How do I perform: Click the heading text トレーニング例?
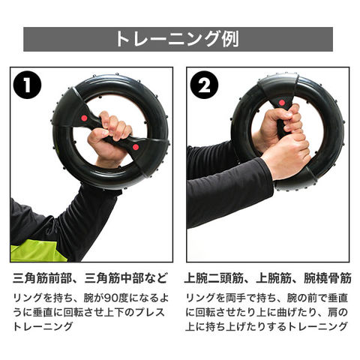pos(178,39)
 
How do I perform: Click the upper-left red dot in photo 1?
pos(84,118)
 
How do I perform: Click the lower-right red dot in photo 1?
pos(136,147)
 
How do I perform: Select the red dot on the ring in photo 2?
pos(282,103)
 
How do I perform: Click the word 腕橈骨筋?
pos(328,278)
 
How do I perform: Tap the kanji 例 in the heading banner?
pos(230,39)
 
